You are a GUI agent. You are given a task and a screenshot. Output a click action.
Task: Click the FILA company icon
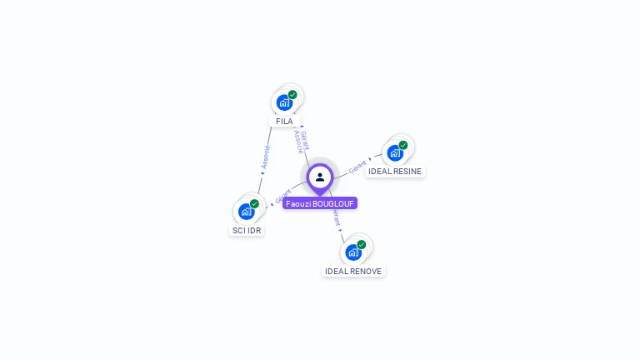(x=284, y=103)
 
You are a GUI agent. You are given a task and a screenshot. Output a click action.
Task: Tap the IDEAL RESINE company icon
(x=395, y=153)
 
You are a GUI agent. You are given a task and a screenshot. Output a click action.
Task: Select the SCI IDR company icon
(x=246, y=212)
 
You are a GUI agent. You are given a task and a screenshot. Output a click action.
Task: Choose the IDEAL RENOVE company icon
(x=353, y=252)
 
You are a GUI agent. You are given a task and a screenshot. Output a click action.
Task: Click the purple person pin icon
(x=320, y=177)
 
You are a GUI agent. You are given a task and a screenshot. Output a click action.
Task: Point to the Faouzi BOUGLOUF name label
(x=320, y=203)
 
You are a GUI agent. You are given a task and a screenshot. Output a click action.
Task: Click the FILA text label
(x=284, y=121)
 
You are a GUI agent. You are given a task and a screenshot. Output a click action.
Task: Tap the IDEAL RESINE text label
(x=395, y=172)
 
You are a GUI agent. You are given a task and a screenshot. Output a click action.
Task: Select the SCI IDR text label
(x=246, y=230)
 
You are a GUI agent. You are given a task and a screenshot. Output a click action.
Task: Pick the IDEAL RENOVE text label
(x=353, y=272)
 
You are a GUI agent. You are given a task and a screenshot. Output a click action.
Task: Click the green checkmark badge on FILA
(x=292, y=95)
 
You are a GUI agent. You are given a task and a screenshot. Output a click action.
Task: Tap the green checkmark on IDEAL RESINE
(x=403, y=145)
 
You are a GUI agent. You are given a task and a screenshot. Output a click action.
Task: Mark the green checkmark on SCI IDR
(x=254, y=203)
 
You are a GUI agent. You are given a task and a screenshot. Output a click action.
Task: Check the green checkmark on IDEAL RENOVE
(x=362, y=244)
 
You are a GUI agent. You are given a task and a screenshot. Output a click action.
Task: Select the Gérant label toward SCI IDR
(x=282, y=197)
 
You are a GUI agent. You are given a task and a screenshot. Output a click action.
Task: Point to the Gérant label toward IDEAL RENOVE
(x=336, y=217)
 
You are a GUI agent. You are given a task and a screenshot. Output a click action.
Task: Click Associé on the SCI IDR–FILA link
(x=266, y=157)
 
